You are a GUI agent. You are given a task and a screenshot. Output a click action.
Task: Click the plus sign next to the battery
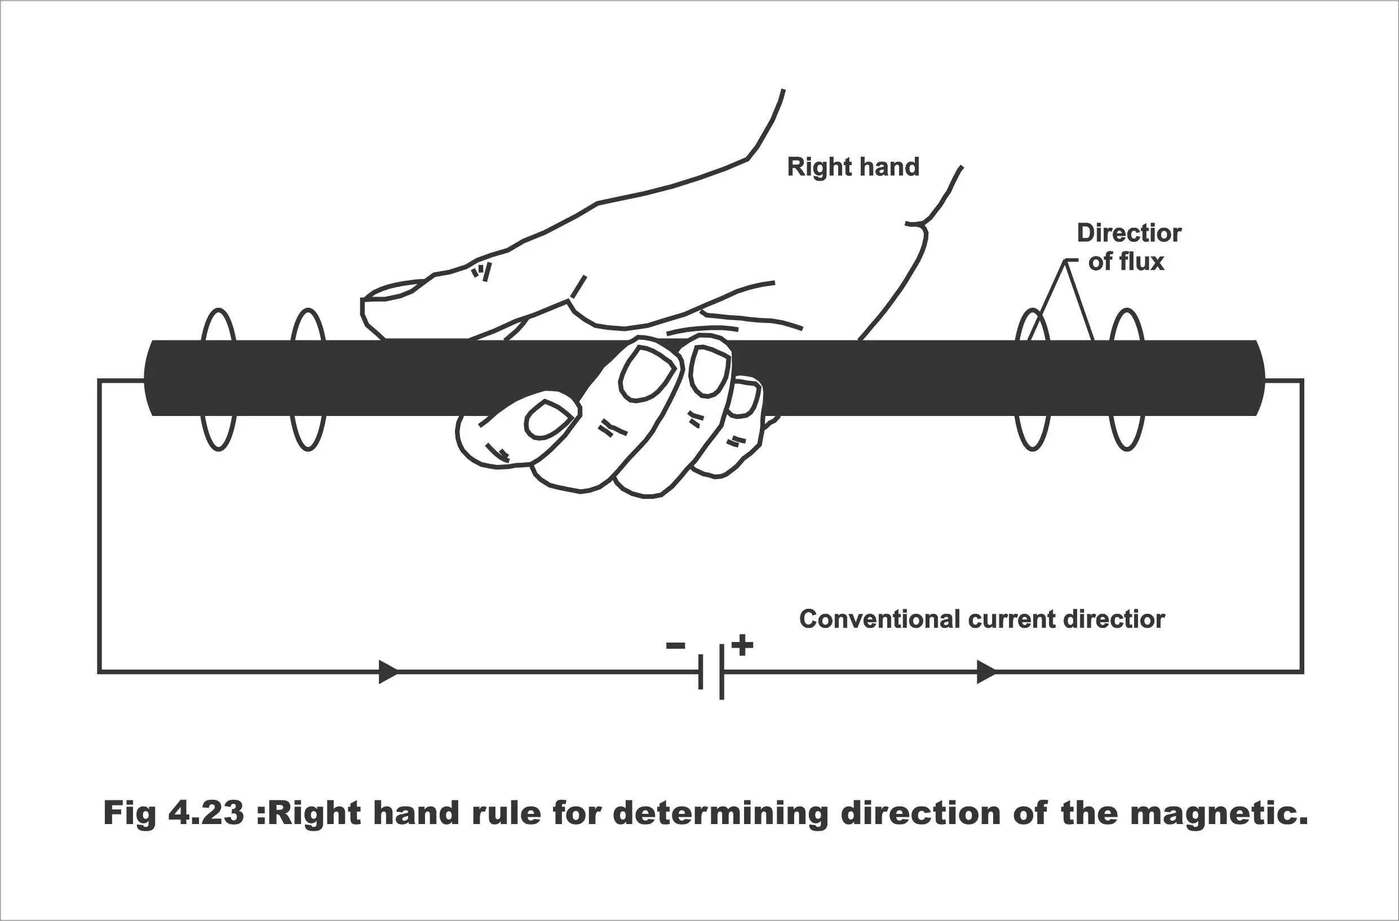742,645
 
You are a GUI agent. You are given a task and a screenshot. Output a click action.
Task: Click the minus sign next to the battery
675,647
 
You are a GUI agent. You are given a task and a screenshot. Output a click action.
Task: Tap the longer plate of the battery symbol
721,672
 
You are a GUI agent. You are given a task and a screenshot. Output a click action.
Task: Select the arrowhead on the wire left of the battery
388,672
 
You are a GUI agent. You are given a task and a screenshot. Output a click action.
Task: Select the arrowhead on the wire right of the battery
987,672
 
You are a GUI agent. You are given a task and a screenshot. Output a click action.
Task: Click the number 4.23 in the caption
206,813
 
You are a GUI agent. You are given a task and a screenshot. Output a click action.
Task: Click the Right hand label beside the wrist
853,167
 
